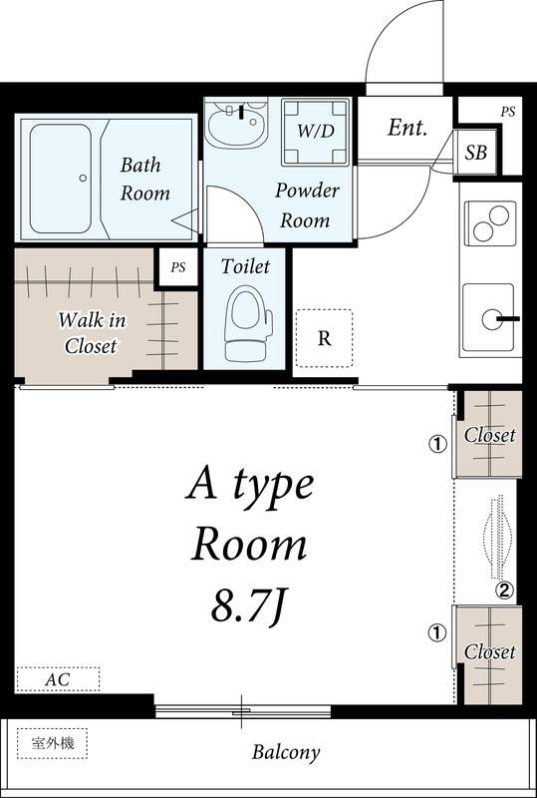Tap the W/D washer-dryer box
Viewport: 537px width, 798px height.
[x=315, y=132]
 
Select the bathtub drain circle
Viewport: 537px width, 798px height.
[x=83, y=179]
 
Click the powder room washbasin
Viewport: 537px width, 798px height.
[x=236, y=125]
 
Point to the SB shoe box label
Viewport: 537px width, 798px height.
[x=476, y=153]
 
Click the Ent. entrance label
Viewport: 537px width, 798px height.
[x=406, y=128]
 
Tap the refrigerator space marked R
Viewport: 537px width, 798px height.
[x=324, y=338]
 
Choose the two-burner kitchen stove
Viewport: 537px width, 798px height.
[x=490, y=223]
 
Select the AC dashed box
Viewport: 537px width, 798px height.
[x=58, y=679]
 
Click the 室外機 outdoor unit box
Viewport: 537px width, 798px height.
[x=53, y=743]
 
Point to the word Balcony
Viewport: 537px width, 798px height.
[x=286, y=753]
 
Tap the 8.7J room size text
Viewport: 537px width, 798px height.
[x=246, y=605]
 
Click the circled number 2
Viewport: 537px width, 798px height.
[x=504, y=591]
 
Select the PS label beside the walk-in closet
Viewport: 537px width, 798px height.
[x=178, y=267]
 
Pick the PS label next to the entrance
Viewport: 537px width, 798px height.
[x=507, y=113]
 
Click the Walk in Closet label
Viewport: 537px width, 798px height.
[x=92, y=334]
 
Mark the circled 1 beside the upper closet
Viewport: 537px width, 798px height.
[x=437, y=445]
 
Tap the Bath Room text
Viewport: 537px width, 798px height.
[x=144, y=180]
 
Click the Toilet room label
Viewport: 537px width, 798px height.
[x=245, y=266]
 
